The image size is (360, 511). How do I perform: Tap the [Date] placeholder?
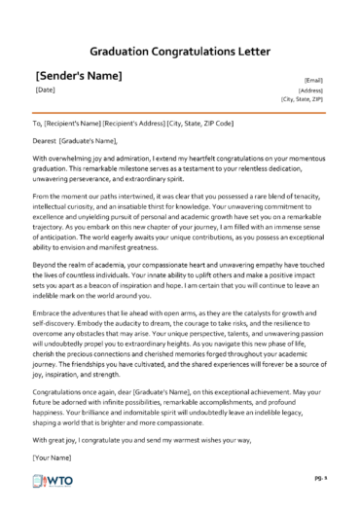point(45,91)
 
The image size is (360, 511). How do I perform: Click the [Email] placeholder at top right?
point(314,80)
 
